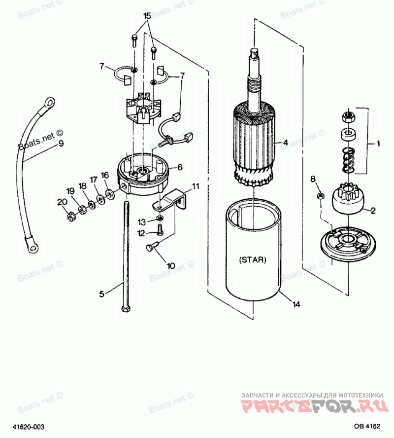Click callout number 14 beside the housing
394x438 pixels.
(x=296, y=304)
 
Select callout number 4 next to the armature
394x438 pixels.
(x=285, y=142)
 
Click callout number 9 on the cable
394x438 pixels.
(x=62, y=144)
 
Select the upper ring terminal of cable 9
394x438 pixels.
(x=49, y=103)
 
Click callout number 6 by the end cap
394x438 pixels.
(x=180, y=167)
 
